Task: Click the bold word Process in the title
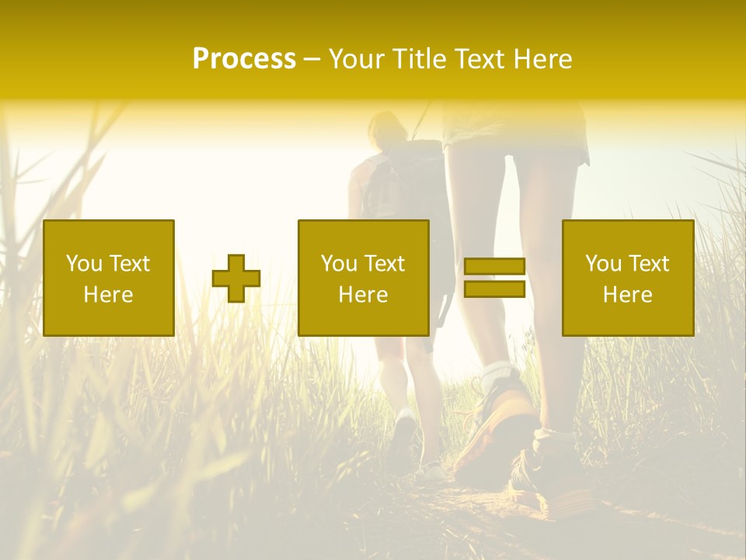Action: (x=244, y=59)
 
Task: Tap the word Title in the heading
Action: (x=420, y=59)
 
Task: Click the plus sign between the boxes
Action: (x=236, y=278)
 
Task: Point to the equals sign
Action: (x=494, y=278)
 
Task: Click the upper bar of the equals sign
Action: (x=494, y=266)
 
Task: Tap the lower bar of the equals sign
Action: (x=494, y=289)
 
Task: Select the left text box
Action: (x=109, y=278)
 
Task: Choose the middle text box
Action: (x=364, y=278)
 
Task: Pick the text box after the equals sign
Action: (x=628, y=278)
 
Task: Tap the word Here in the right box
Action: (x=628, y=295)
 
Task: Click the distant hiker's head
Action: (x=386, y=128)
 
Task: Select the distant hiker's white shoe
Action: (x=404, y=432)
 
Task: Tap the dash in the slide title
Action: (x=312, y=59)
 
